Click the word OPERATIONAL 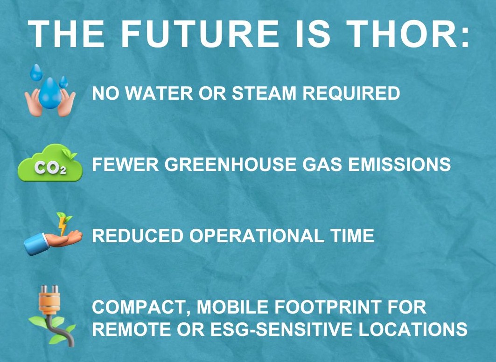point(256,236)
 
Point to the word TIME point(352,236)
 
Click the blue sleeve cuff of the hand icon point(34,245)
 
